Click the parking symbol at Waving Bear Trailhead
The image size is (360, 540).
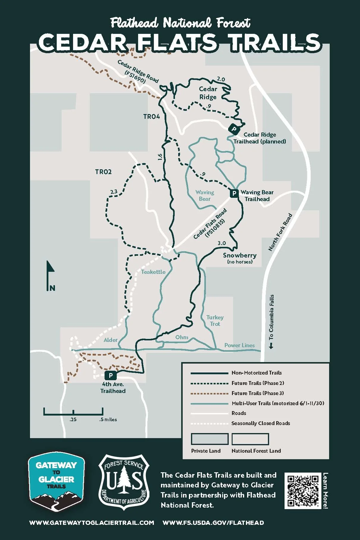234,193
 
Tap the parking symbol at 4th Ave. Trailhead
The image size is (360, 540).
111,375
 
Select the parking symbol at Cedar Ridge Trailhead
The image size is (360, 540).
234,129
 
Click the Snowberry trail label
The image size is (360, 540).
240,255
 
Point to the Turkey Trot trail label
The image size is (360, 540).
215,320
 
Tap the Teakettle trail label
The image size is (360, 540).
153,272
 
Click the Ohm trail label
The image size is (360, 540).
182,337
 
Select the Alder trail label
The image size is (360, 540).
110,340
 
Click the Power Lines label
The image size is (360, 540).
239,345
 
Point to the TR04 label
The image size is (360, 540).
151,116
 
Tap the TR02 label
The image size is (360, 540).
103,172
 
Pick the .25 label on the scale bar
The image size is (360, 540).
73,420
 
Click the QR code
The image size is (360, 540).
303,490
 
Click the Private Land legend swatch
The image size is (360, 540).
210,439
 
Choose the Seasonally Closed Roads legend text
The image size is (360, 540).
260,423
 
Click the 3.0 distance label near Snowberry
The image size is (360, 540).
222,243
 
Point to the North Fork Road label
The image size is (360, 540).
280,232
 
